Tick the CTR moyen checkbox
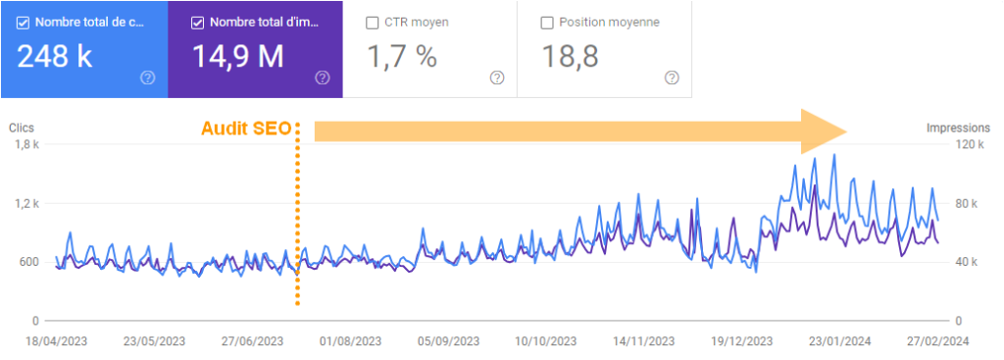click(373, 22)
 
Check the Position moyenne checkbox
click(547, 22)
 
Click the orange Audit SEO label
click(246, 129)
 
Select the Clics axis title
click(22, 128)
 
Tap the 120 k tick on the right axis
click(968, 145)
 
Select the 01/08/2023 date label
click(350, 341)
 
